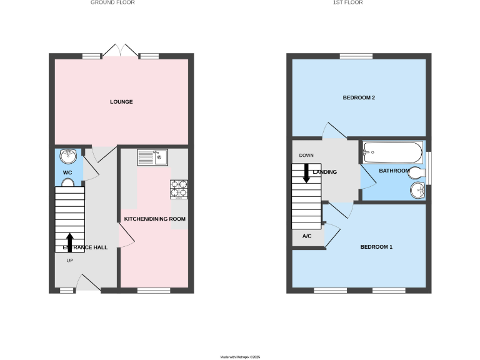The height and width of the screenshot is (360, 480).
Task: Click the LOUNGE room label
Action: (121, 102)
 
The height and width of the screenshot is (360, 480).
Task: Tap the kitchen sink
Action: (153, 157)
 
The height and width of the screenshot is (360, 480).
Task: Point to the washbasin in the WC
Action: (68, 156)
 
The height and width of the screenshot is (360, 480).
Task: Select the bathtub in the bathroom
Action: (392, 152)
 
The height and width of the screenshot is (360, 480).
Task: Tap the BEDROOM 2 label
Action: (358, 98)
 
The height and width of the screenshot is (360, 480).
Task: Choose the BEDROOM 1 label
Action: (376, 247)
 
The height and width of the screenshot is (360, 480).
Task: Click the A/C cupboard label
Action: (307, 236)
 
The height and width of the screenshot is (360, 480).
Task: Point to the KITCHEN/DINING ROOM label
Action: (155, 219)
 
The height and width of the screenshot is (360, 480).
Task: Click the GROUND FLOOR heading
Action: (112, 2)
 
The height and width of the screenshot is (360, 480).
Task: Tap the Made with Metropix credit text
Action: (240, 357)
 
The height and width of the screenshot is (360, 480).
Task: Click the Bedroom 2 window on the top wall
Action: (356, 56)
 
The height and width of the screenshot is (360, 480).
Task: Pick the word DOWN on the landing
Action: (306, 156)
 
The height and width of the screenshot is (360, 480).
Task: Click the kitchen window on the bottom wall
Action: (154, 290)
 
